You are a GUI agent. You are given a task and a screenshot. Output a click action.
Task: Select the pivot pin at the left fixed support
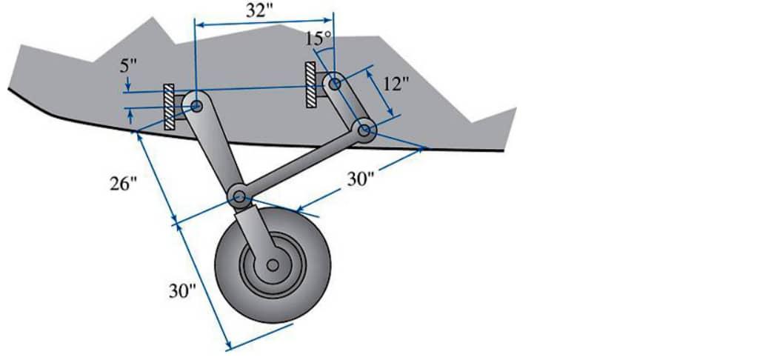tap(197, 106)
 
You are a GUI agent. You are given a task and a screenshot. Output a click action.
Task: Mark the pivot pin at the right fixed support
tap(334, 84)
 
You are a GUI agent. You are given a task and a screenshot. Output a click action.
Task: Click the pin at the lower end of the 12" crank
tap(365, 131)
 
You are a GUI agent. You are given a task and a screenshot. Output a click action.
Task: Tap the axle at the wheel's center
tap(273, 264)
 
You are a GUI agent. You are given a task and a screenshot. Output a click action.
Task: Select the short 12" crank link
tap(350, 108)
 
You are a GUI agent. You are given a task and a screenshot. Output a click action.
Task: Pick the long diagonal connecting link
tap(302, 164)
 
